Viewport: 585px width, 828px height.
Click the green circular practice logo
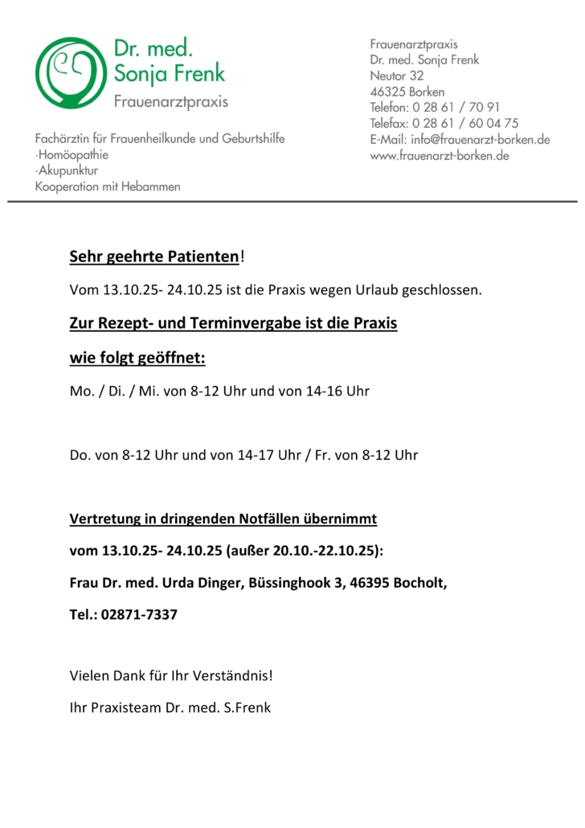pyautogui.click(x=67, y=73)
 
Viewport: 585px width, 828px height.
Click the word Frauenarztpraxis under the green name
pyautogui.click(x=170, y=101)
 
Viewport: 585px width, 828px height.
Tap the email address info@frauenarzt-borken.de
pyautogui.click(x=480, y=139)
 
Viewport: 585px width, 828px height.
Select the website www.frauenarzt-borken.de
pyautogui.click(x=440, y=155)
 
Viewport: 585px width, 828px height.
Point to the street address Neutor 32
pyautogui.click(x=396, y=76)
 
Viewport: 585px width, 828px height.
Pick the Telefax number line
pyautogui.click(x=444, y=123)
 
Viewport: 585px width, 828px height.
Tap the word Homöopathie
pyautogui.click(x=73, y=154)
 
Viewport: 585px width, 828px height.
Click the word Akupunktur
pyautogui.click(x=69, y=170)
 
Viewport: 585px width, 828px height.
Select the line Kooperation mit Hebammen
pyautogui.click(x=108, y=187)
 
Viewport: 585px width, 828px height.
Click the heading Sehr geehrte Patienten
pyautogui.click(x=154, y=257)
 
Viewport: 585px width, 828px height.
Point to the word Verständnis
pyautogui.click(x=232, y=676)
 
